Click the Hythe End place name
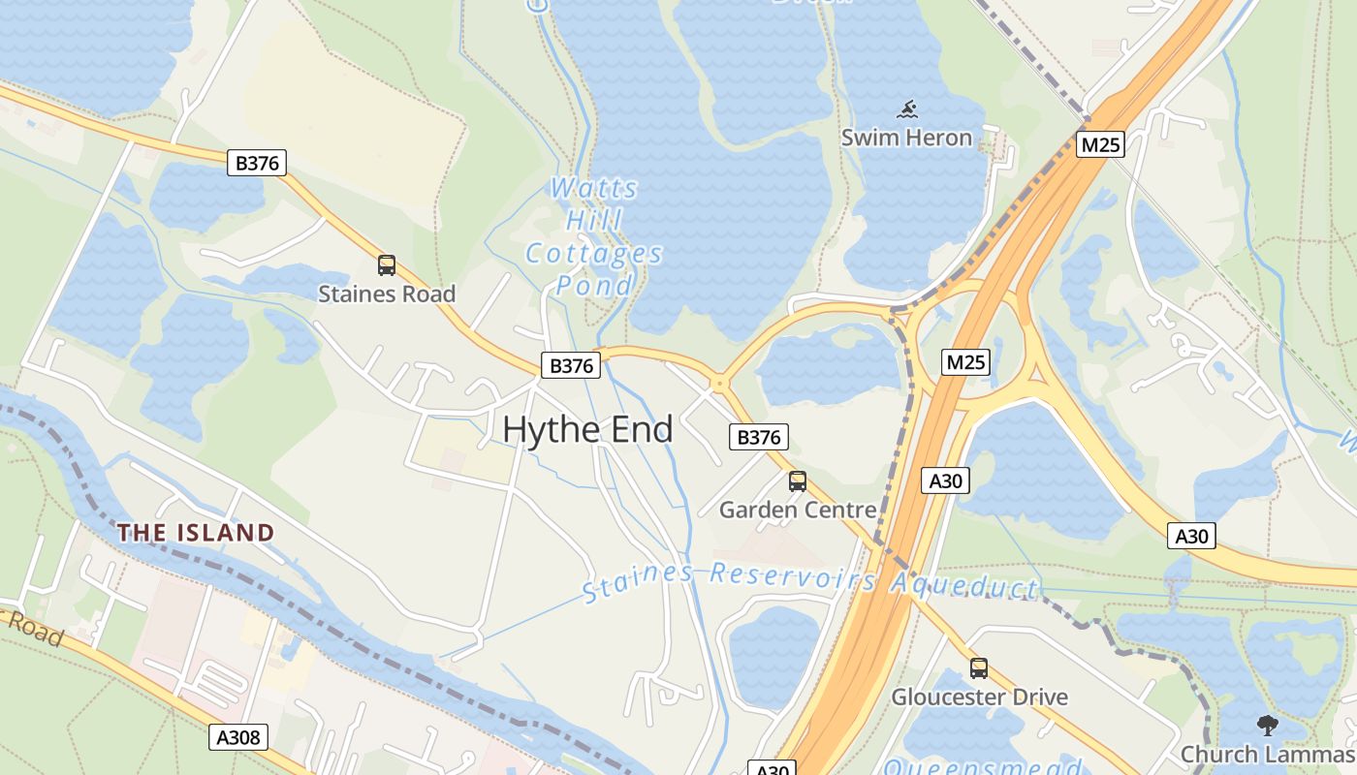point(587,429)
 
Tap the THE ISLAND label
point(196,532)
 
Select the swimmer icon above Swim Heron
point(906,109)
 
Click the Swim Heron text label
point(906,138)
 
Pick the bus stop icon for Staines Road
point(387,264)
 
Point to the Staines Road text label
point(387,294)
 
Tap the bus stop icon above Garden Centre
point(798,480)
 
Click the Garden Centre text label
point(798,510)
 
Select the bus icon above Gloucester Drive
point(979,667)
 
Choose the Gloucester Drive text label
point(979,697)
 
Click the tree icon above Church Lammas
point(1267,725)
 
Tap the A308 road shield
point(238,737)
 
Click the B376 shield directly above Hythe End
point(571,365)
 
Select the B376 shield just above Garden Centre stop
point(759,437)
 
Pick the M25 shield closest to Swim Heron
point(1100,145)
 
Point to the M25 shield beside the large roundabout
point(965,362)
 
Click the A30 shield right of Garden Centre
point(945,480)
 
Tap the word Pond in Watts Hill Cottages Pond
point(594,286)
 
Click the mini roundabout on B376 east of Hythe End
point(718,384)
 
